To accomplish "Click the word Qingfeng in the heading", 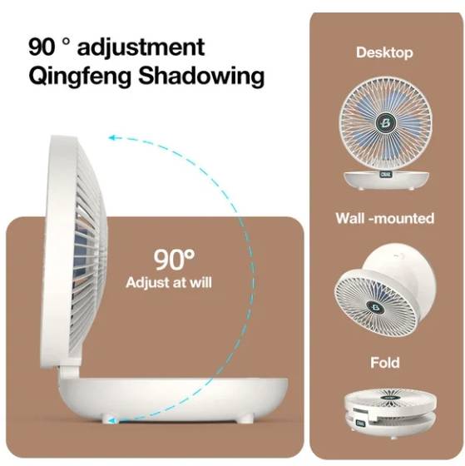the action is pyautogui.click(x=80, y=77).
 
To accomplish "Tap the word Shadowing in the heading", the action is pyautogui.click(x=201, y=76).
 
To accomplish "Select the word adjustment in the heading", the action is pyautogui.click(x=141, y=47).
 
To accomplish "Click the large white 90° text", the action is pyautogui.click(x=174, y=260).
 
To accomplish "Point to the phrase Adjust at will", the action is pyautogui.click(x=169, y=282).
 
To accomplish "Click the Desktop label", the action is pyautogui.click(x=384, y=53).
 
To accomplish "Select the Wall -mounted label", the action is pyautogui.click(x=385, y=218).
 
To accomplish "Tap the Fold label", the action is pyautogui.click(x=385, y=363).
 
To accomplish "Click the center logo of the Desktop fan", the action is pyautogui.click(x=385, y=122).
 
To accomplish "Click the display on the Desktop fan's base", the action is pyautogui.click(x=385, y=175).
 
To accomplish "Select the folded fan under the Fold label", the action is pyautogui.click(x=390, y=412).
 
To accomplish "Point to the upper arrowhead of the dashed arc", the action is pyautogui.click(x=111, y=137).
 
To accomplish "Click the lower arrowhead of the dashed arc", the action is pyautogui.click(x=112, y=420).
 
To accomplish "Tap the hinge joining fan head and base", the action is pyautogui.click(x=70, y=370).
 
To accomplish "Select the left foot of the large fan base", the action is pyautogui.click(x=109, y=419).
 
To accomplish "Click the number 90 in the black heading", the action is pyautogui.click(x=42, y=47).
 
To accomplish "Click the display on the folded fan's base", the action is pyautogui.click(x=360, y=423).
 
